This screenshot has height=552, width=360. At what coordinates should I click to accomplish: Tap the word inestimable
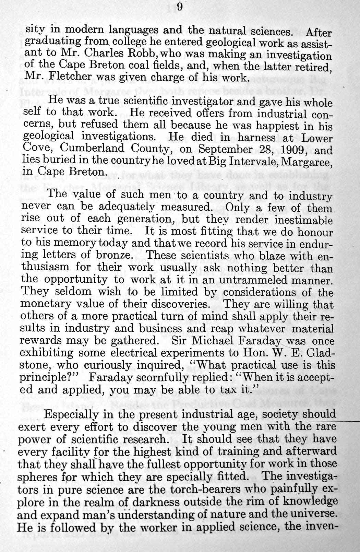(297, 220)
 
